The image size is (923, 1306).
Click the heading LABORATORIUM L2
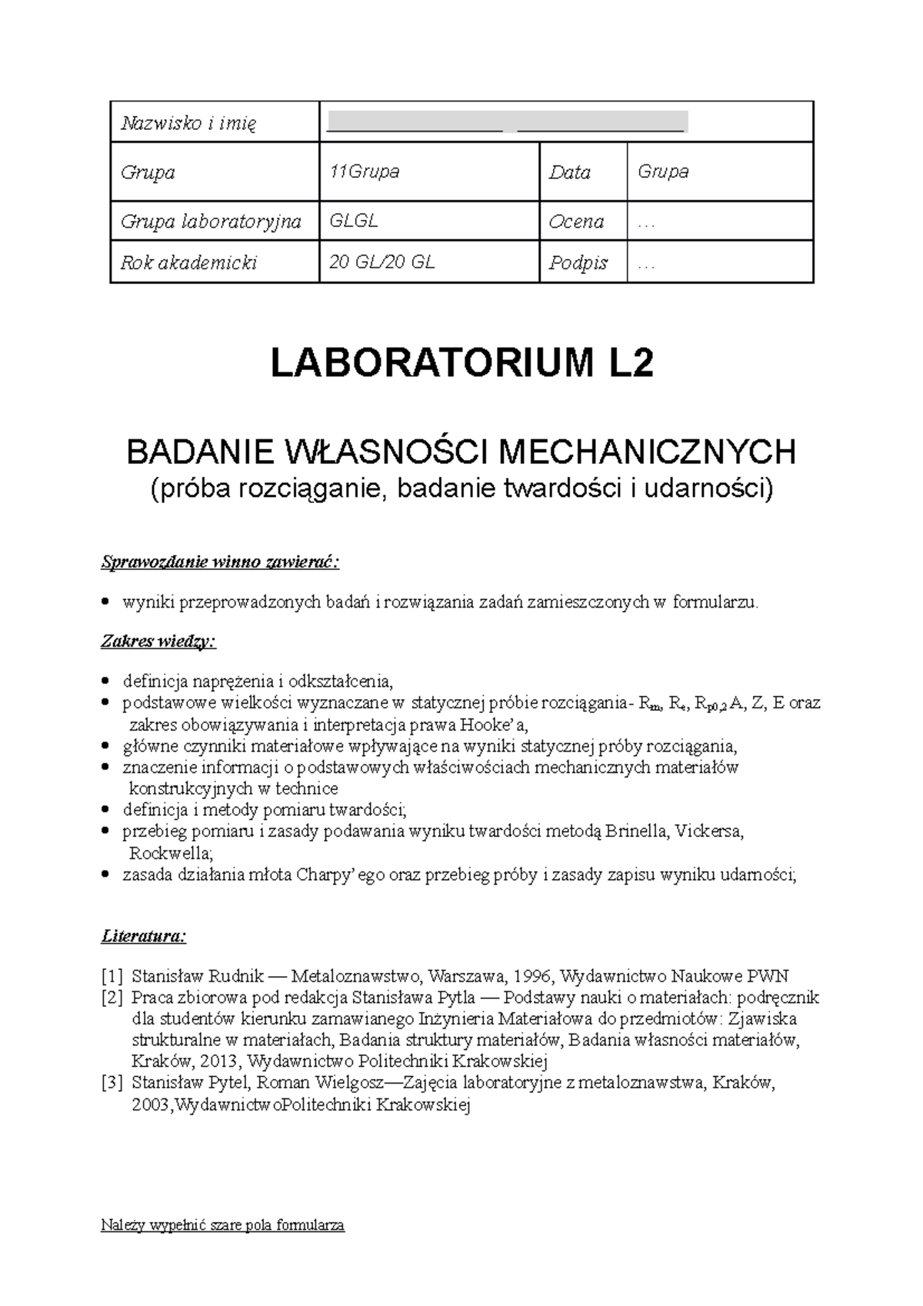pos(461,364)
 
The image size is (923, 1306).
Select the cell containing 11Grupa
pos(364,172)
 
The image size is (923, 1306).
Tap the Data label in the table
pos(569,172)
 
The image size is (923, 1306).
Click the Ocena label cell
pos(575,222)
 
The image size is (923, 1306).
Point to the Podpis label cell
pos(578,263)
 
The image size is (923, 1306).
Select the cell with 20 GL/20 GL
pos(382,262)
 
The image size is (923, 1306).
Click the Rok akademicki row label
pos(188,263)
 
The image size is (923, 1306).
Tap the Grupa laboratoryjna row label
pos(210,222)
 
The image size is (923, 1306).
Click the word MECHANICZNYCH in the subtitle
pos(648,452)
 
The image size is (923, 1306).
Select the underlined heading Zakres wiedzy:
pos(158,641)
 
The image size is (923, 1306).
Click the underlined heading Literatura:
pos(143,937)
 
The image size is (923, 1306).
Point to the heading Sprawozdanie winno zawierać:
pos(220,562)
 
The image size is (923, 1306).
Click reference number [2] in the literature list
pos(112,998)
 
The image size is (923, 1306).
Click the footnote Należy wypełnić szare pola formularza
pos(222,1225)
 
